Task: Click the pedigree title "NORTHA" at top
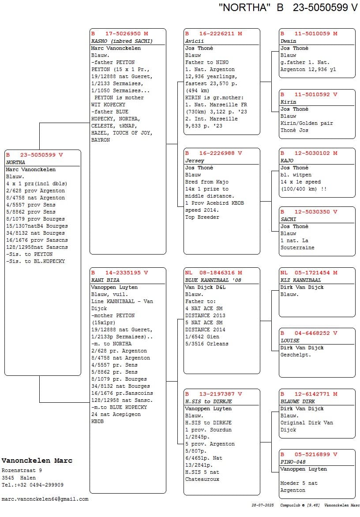click(244, 7)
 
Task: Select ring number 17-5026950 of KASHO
click(127, 34)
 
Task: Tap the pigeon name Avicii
click(195, 41)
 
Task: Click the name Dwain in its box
click(288, 41)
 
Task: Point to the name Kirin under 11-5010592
click(288, 102)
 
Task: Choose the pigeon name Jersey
click(195, 161)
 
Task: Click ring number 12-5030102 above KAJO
click(316, 153)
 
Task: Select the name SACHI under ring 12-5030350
click(288, 219)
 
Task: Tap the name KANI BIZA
click(105, 280)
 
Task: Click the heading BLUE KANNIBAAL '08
click(213, 280)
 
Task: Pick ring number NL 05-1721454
click(309, 273)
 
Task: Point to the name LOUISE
click(290, 341)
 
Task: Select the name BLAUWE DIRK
click(297, 401)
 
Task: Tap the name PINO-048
click(293, 462)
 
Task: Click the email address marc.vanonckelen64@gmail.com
click(45, 499)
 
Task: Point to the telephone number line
click(33, 485)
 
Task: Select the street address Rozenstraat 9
click(22, 470)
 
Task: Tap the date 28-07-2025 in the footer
click(262, 505)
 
